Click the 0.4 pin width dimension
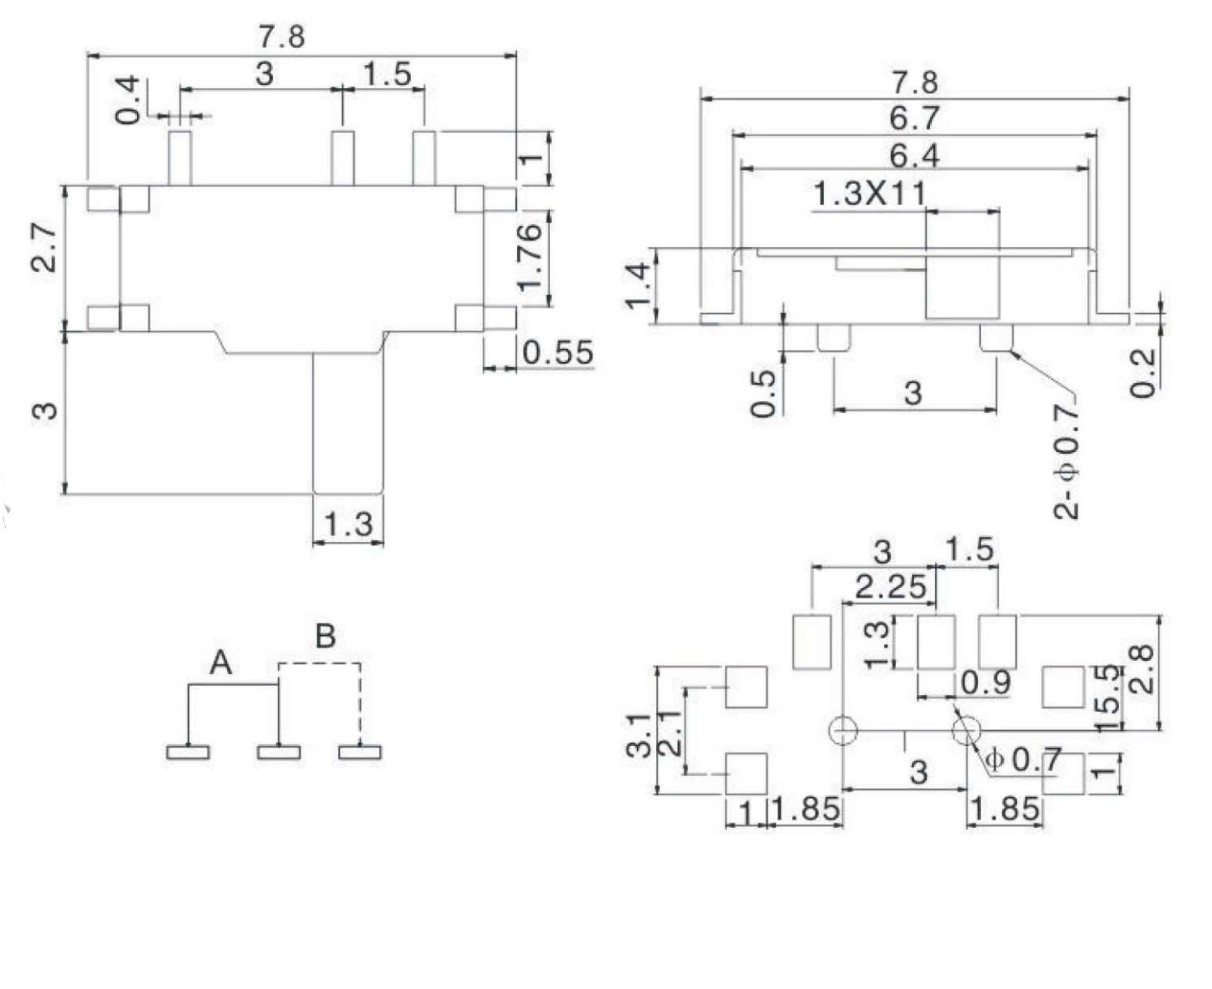pyautogui.click(x=128, y=100)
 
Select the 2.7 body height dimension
pyautogui.click(x=45, y=247)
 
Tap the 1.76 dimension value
pyautogui.click(x=530, y=257)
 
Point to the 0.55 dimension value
pyautogui.click(x=557, y=353)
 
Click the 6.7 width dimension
pyautogui.click(x=913, y=119)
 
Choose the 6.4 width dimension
pyautogui.click(x=913, y=155)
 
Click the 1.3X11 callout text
pyautogui.click(x=868, y=194)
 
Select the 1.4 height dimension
pyautogui.click(x=638, y=284)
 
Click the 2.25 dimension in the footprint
pyautogui.click(x=890, y=586)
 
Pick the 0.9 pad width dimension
pyautogui.click(x=985, y=683)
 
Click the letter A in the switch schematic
pyautogui.click(x=220, y=663)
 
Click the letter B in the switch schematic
pyautogui.click(x=325, y=636)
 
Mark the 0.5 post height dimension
pyautogui.click(x=763, y=393)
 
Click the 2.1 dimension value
pyautogui.click(x=669, y=733)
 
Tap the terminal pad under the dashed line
pyautogui.click(x=360, y=752)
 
